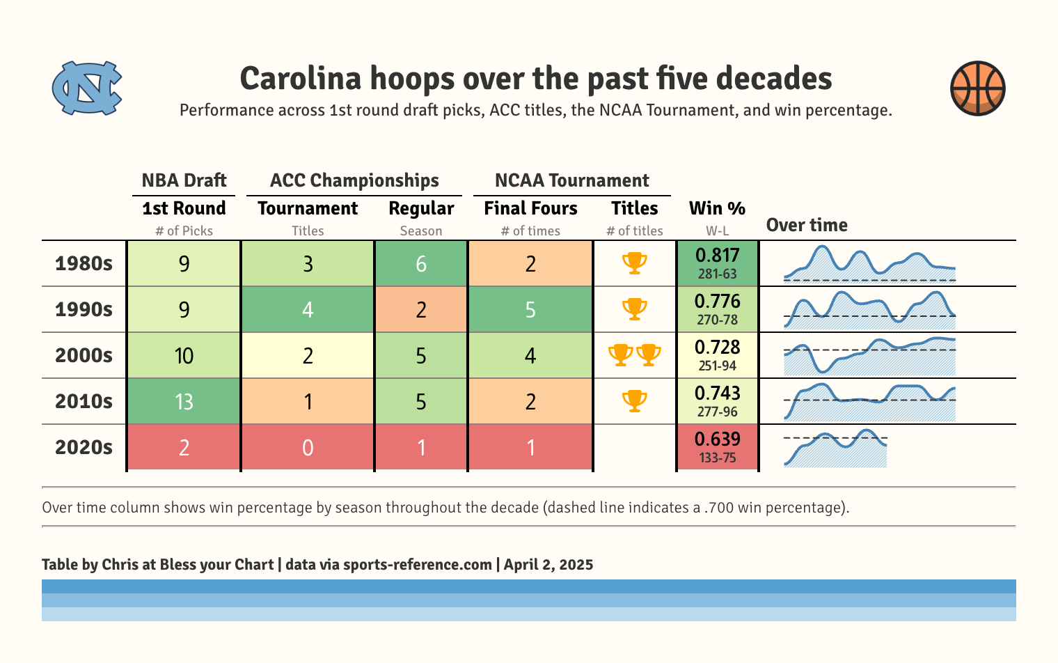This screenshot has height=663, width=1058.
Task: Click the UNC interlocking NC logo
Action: [87, 88]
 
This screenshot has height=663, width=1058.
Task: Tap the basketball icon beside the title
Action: [977, 88]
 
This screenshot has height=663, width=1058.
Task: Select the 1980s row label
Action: [84, 263]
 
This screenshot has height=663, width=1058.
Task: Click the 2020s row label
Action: [84, 447]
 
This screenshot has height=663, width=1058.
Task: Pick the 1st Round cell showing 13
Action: [184, 402]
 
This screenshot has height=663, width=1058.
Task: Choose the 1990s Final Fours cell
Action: [530, 309]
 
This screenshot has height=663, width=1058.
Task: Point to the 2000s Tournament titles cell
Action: [308, 356]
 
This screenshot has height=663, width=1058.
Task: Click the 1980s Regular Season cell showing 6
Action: [421, 264]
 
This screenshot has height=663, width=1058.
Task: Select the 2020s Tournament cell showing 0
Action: [308, 447]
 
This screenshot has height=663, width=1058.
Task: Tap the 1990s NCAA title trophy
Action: [634, 309]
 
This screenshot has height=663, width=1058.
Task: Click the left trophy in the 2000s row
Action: [620, 354]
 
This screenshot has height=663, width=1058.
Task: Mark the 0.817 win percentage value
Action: [717, 255]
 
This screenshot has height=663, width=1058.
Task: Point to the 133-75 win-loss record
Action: [717, 458]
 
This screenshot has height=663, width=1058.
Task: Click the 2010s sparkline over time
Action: [869, 402]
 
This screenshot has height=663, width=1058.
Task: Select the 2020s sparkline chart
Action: [835, 448]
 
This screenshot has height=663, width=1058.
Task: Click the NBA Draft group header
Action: [184, 180]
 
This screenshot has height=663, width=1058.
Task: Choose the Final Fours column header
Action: [530, 208]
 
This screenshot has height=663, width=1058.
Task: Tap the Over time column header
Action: [807, 225]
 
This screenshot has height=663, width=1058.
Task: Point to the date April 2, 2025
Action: [548, 565]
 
